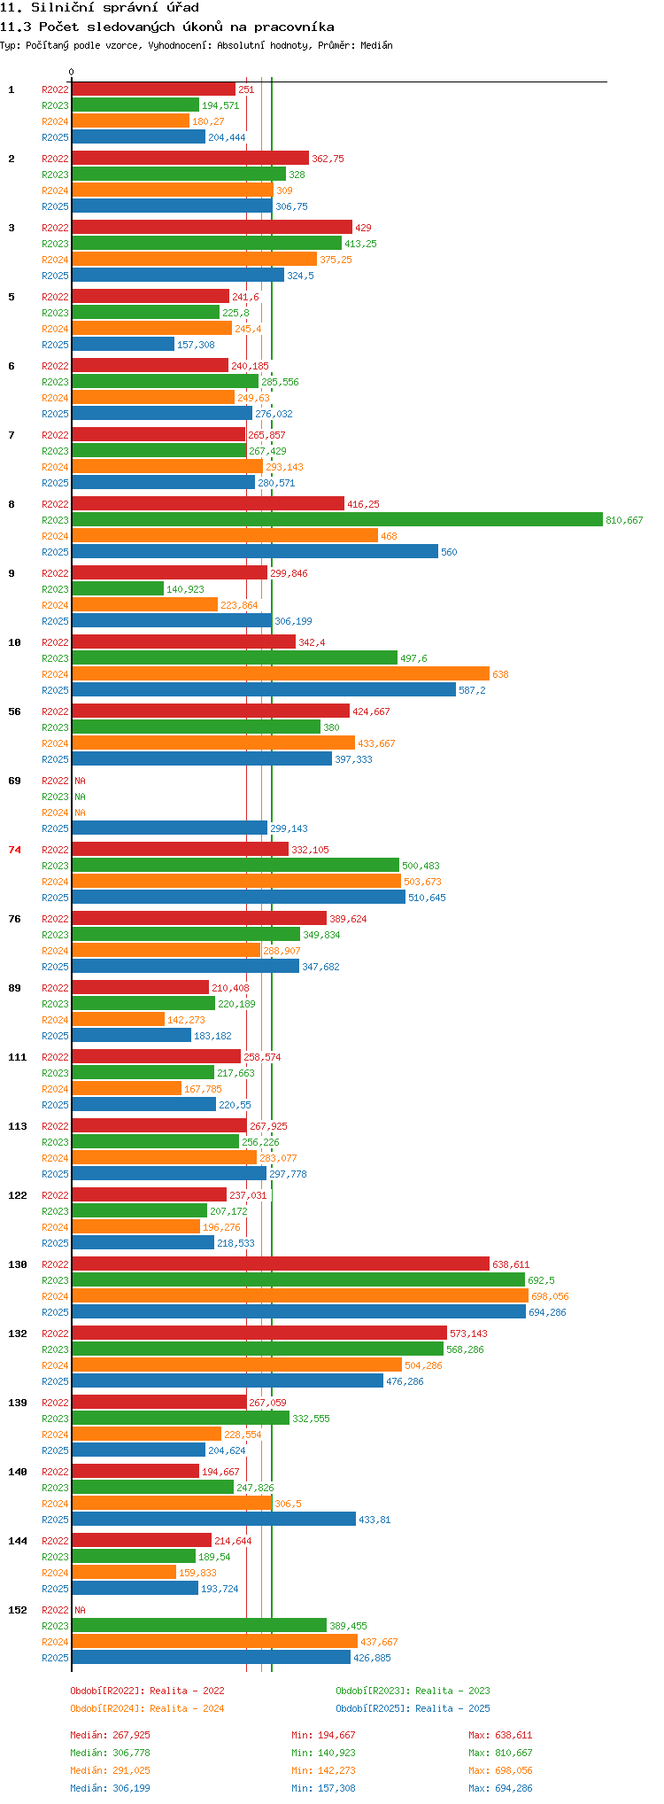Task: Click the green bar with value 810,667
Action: tap(337, 520)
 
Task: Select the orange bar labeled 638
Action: tap(281, 674)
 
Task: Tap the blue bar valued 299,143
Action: tap(169, 828)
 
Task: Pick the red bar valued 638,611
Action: tap(281, 1264)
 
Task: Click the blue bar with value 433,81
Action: tap(213, 1520)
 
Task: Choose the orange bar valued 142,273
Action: tap(118, 1020)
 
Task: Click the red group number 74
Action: tap(15, 850)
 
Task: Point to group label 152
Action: tap(18, 1610)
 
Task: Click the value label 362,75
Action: tap(328, 159)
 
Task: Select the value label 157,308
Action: tap(196, 345)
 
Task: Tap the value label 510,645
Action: tap(427, 898)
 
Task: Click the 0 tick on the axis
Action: tap(72, 73)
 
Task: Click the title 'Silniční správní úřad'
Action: tap(115, 7)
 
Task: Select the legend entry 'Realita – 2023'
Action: tap(452, 1691)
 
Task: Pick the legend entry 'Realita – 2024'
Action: tap(187, 1708)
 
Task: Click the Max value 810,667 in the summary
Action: tap(500, 1753)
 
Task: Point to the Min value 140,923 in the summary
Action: tap(323, 1753)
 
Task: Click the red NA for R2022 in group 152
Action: tap(80, 1610)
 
